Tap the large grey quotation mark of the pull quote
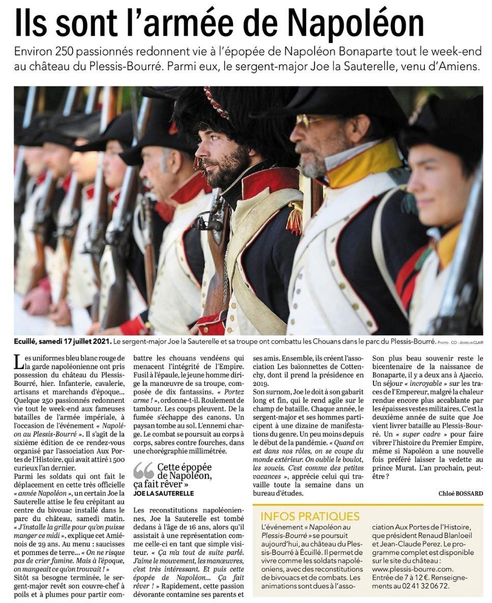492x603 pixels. [x=143, y=471]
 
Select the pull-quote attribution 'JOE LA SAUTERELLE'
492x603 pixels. [x=163, y=493]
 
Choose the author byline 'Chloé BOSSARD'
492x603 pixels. [x=461, y=493]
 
